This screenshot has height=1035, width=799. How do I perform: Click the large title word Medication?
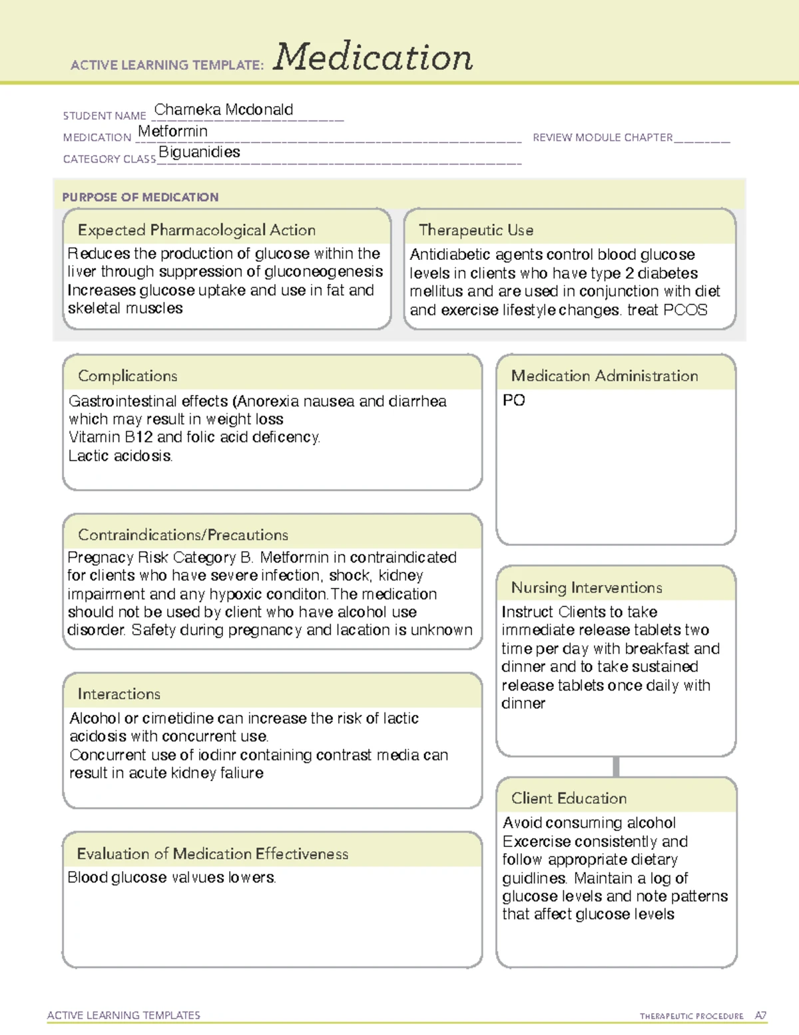pyautogui.click(x=373, y=57)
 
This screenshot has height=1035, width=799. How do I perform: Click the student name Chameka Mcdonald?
pyautogui.click(x=223, y=110)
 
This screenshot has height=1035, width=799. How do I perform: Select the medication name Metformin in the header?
pyautogui.click(x=172, y=131)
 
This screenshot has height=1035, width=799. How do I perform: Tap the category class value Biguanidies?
pyautogui.click(x=199, y=152)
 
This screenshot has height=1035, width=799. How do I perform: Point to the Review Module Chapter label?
pyautogui.click(x=603, y=137)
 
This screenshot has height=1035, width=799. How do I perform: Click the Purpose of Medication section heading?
pyautogui.click(x=140, y=197)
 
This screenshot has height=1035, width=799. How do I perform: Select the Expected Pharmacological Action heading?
pyautogui.click(x=196, y=230)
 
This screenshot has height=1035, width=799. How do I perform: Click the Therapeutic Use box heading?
pyautogui.click(x=475, y=230)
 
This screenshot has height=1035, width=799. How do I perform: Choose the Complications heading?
pyautogui.click(x=127, y=376)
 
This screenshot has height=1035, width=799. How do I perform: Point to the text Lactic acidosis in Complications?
pyautogui.click(x=120, y=456)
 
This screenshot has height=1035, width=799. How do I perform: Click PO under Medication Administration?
pyautogui.click(x=513, y=401)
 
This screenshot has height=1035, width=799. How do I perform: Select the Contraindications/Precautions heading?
pyautogui.click(x=182, y=534)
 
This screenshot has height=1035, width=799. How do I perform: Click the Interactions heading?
pyautogui.click(x=119, y=694)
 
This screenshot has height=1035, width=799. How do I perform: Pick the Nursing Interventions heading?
pyautogui.click(x=586, y=587)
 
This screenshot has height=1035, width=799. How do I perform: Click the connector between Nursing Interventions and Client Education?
pyautogui.click(x=616, y=766)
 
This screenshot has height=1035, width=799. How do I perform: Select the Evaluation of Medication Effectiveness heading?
pyautogui.click(x=212, y=854)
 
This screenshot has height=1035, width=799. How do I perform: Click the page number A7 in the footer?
pyautogui.click(x=760, y=1016)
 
